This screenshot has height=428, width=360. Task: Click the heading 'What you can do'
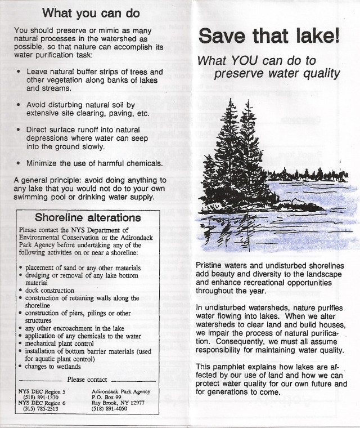91,12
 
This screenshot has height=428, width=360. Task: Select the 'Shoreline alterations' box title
88,217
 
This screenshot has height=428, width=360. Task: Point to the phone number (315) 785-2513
38,409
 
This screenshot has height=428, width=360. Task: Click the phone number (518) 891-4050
111,409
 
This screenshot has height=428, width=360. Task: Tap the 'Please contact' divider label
87,380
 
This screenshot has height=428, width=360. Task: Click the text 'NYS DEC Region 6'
42,403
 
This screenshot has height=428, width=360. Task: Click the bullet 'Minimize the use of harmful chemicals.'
94,163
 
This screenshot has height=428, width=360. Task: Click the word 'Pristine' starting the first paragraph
210,265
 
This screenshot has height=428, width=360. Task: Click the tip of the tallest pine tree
230,100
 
